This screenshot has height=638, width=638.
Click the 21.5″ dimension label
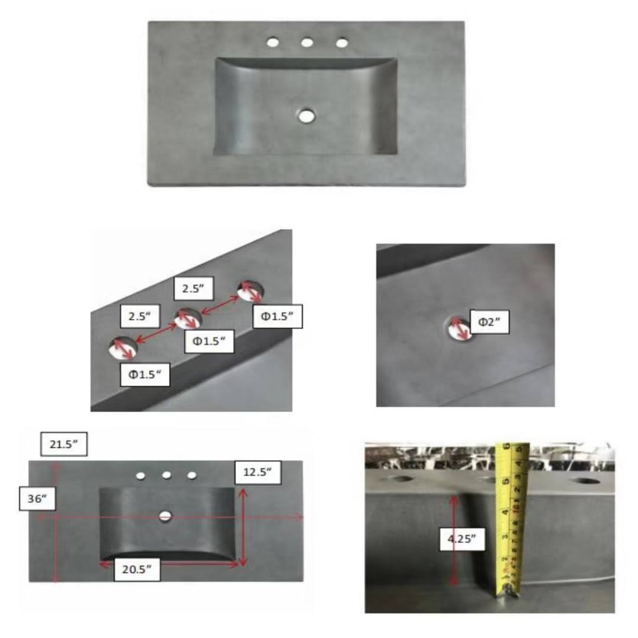click(x=64, y=444)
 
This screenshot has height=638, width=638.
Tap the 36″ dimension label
click(x=37, y=499)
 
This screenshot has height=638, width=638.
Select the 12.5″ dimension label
click(x=258, y=472)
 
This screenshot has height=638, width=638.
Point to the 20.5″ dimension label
click(x=136, y=569)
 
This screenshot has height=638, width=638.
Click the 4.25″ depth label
click(x=462, y=539)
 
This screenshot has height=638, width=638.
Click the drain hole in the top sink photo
click(x=307, y=115)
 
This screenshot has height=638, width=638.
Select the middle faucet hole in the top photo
click(x=307, y=42)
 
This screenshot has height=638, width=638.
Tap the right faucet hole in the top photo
click(x=342, y=43)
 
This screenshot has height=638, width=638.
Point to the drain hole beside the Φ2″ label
click(x=458, y=328)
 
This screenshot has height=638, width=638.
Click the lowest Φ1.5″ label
click(x=145, y=375)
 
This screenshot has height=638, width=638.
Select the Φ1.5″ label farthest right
click(x=278, y=316)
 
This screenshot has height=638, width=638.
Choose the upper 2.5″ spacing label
click(x=193, y=288)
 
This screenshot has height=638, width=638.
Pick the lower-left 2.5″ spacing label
click(x=139, y=315)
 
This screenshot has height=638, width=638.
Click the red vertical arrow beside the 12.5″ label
click(x=243, y=528)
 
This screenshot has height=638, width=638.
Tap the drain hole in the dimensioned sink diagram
click(x=165, y=516)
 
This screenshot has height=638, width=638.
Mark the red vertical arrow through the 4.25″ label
click(x=453, y=539)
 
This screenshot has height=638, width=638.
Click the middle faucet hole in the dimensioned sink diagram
click(x=167, y=475)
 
